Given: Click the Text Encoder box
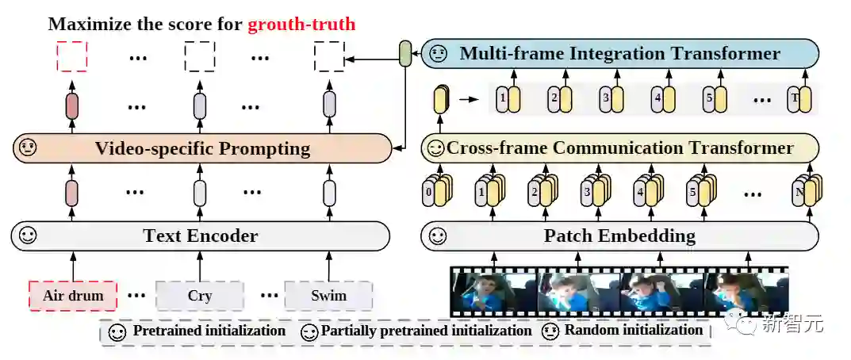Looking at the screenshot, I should tap(201, 236).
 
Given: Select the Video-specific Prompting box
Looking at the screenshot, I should tap(202, 148).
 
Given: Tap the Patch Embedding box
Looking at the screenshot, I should tap(619, 236).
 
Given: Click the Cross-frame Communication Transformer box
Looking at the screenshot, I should tap(619, 148).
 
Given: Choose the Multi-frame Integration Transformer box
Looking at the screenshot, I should tap(619, 54).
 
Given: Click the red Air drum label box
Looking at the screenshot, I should tap(72, 297).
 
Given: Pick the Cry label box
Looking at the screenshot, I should tap(199, 297).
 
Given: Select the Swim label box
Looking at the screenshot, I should tap(328, 297).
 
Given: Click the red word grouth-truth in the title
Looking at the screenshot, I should tap(301, 24).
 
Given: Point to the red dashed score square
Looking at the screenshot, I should tap(71, 56).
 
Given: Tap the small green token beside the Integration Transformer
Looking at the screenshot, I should tap(405, 54).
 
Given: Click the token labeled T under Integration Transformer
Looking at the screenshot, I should tap(795, 100).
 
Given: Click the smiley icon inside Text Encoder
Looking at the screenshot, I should tap(28, 236).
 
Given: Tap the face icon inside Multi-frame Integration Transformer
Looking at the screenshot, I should tap(438, 54).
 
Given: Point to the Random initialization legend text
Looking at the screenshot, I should tap(633, 330).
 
